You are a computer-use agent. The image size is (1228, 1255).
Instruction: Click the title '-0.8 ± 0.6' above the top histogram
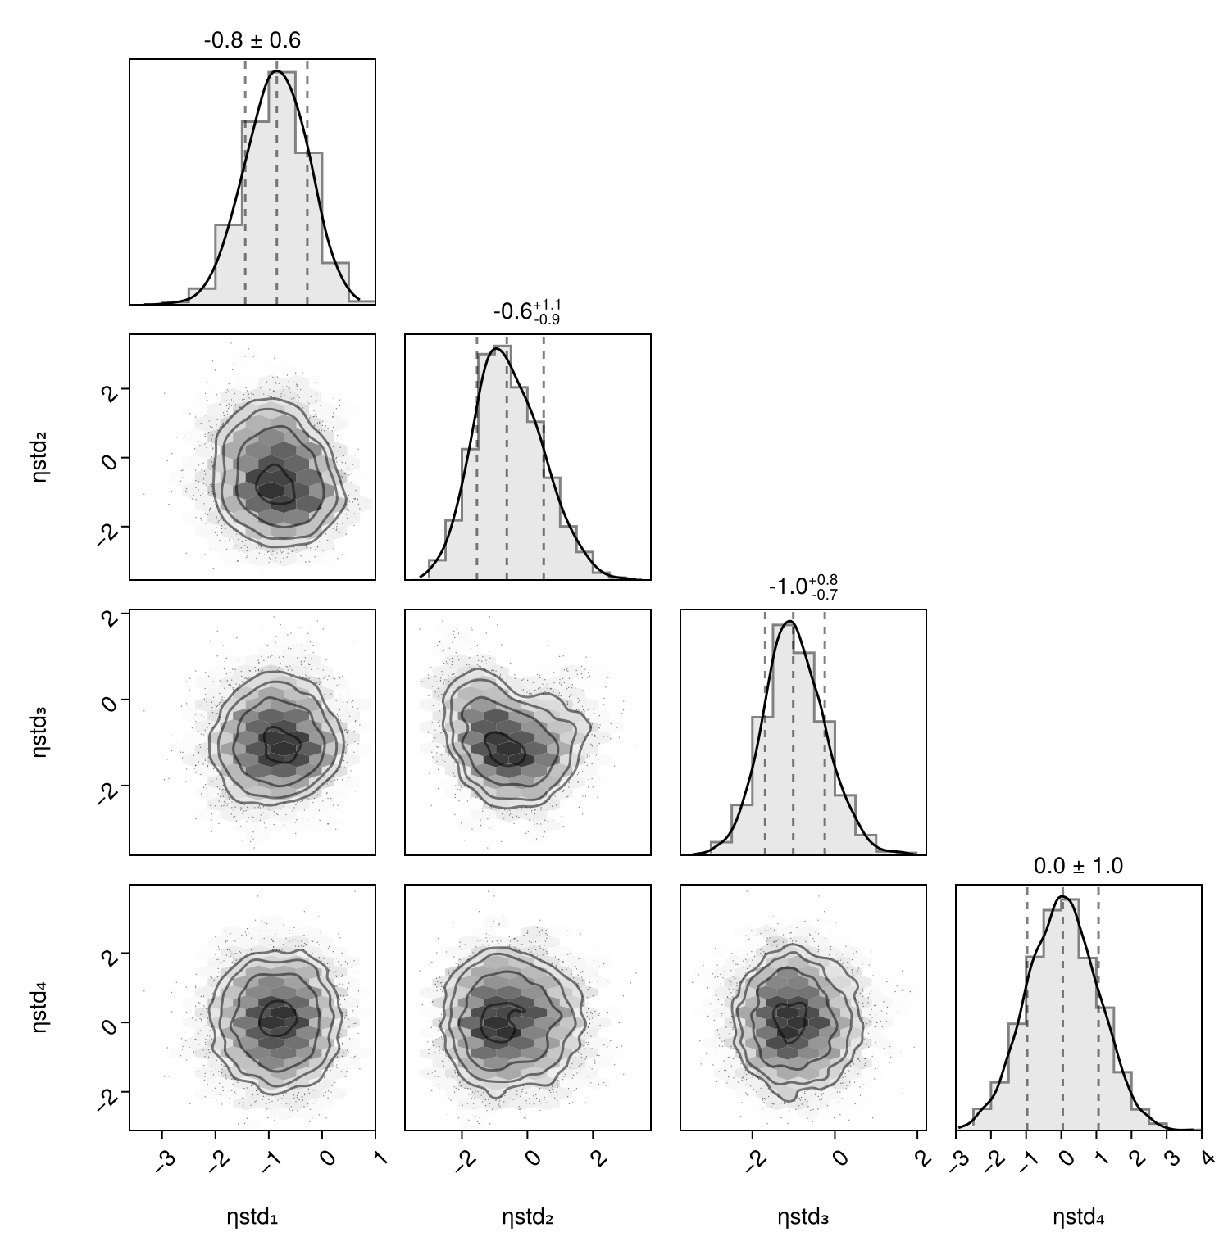(252, 39)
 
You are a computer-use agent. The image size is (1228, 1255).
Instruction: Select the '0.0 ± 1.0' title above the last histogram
(1078, 866)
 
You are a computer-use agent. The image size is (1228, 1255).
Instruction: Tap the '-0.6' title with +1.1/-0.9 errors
(527, 311)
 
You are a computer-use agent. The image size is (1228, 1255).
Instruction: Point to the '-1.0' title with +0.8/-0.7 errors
(803, 587)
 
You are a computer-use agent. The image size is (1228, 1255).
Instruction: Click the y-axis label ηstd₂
(40, 457)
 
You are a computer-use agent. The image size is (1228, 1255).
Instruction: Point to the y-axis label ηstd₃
(40, 732)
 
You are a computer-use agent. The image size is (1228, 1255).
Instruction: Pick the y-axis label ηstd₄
(40, 1008)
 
